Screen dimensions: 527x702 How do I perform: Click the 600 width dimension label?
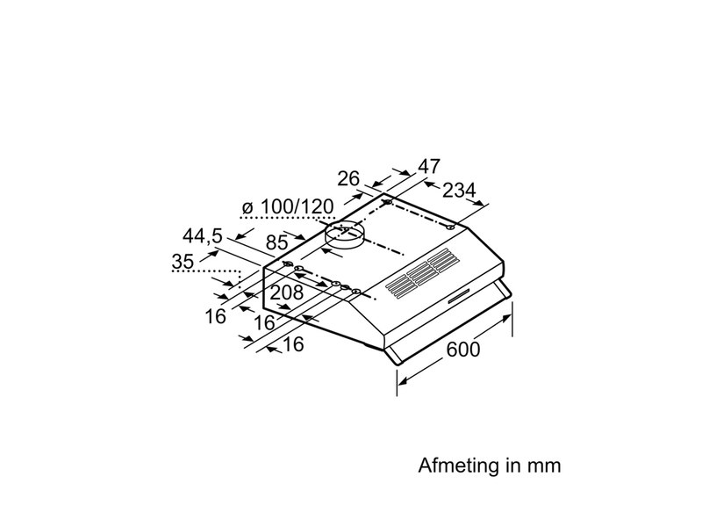click(x=463, y=349)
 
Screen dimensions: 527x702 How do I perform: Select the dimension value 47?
click(x=428, y=167)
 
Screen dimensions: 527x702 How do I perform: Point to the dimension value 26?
click(x=349, y=178)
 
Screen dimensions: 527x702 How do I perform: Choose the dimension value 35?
click(x=183, y=261)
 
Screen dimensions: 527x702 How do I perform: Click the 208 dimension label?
click(x=286, y=292)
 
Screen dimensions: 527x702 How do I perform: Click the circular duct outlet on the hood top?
click(x=343, y=235)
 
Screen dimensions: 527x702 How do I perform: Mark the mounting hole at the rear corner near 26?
click(x=386, y=203)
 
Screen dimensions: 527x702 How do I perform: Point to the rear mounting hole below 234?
click(x=450, y=227)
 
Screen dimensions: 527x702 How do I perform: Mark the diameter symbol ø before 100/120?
click(x=247, y=208)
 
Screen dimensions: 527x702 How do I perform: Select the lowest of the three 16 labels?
click(x=293, y=345)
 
